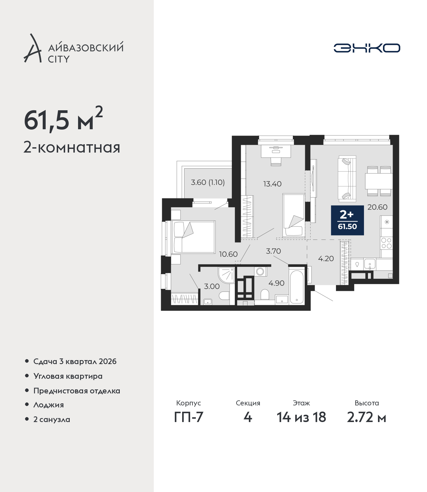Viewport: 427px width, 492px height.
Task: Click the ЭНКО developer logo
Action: (x=367, y=48)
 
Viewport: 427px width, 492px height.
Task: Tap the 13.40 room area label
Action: (x=272, y=184)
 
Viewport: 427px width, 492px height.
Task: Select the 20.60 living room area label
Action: (x=377, y=207)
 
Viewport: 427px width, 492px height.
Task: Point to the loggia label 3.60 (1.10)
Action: (x=207, y=182)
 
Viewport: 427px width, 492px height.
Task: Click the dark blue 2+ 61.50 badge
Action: (x=347, y=220)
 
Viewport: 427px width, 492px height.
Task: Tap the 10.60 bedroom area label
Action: (x=229, y=254)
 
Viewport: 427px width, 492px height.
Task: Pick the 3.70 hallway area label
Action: (x=274, y=251)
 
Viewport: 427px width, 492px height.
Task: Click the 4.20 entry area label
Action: (x=326, y=258)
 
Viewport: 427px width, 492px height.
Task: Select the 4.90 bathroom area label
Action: (x=276, y=283)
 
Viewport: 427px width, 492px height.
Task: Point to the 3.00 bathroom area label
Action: (x=212, y=286)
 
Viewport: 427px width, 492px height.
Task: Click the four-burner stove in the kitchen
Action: (x=386, y=243)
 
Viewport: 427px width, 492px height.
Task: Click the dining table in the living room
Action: (x=379, y=181)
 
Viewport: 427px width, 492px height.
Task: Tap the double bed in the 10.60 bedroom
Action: (x=193, y=237)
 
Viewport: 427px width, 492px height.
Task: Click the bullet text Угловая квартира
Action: (x=68, y=376)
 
